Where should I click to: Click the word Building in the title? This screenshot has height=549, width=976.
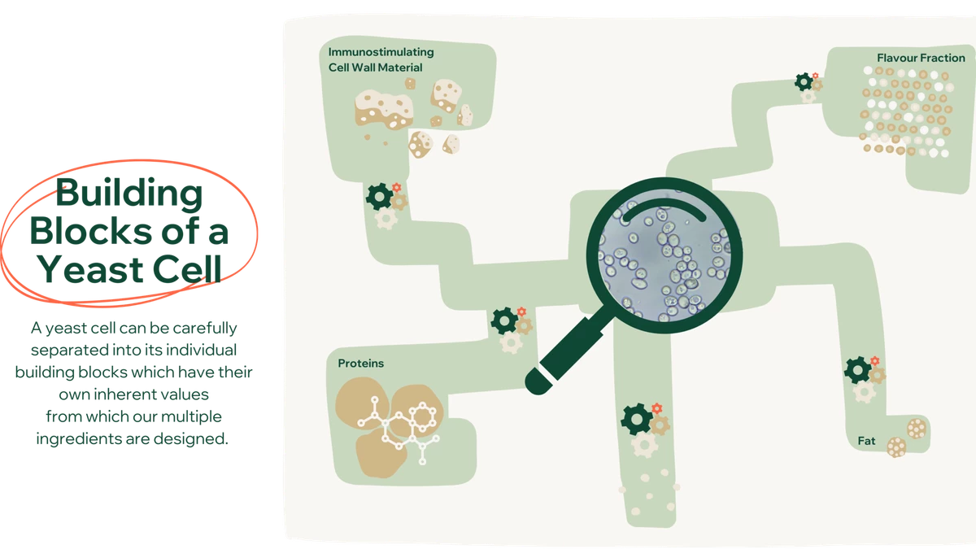(x=129, y=194)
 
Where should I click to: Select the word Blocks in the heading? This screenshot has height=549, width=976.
(x=91, y=230)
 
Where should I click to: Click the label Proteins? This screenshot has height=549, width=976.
(x=361, y=364)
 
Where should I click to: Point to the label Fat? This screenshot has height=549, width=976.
(x=866, y=441)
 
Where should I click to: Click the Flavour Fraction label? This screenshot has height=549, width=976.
(x=921, y=58)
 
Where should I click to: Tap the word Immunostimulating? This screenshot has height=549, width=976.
(x=381, y=52)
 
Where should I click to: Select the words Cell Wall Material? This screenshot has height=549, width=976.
(x=375, y=68)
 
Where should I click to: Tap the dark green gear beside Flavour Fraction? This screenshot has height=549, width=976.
(x=804, y=82)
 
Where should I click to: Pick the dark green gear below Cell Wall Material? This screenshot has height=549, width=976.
(x=379, y=197)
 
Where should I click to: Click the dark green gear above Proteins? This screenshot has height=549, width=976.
(x=504, y=320)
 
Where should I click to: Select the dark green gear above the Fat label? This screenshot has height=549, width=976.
(x=857, y=370)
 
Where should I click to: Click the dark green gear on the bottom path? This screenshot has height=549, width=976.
(x=637, y=419)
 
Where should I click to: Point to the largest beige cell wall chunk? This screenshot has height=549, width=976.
(x=384, y=109)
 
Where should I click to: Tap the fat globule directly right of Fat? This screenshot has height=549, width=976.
(x=896, y=447)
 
